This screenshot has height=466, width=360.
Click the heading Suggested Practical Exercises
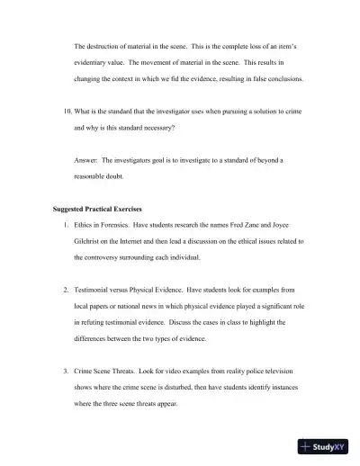click(x=97, y=209)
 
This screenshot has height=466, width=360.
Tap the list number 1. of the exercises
click(x=66, y=225)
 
